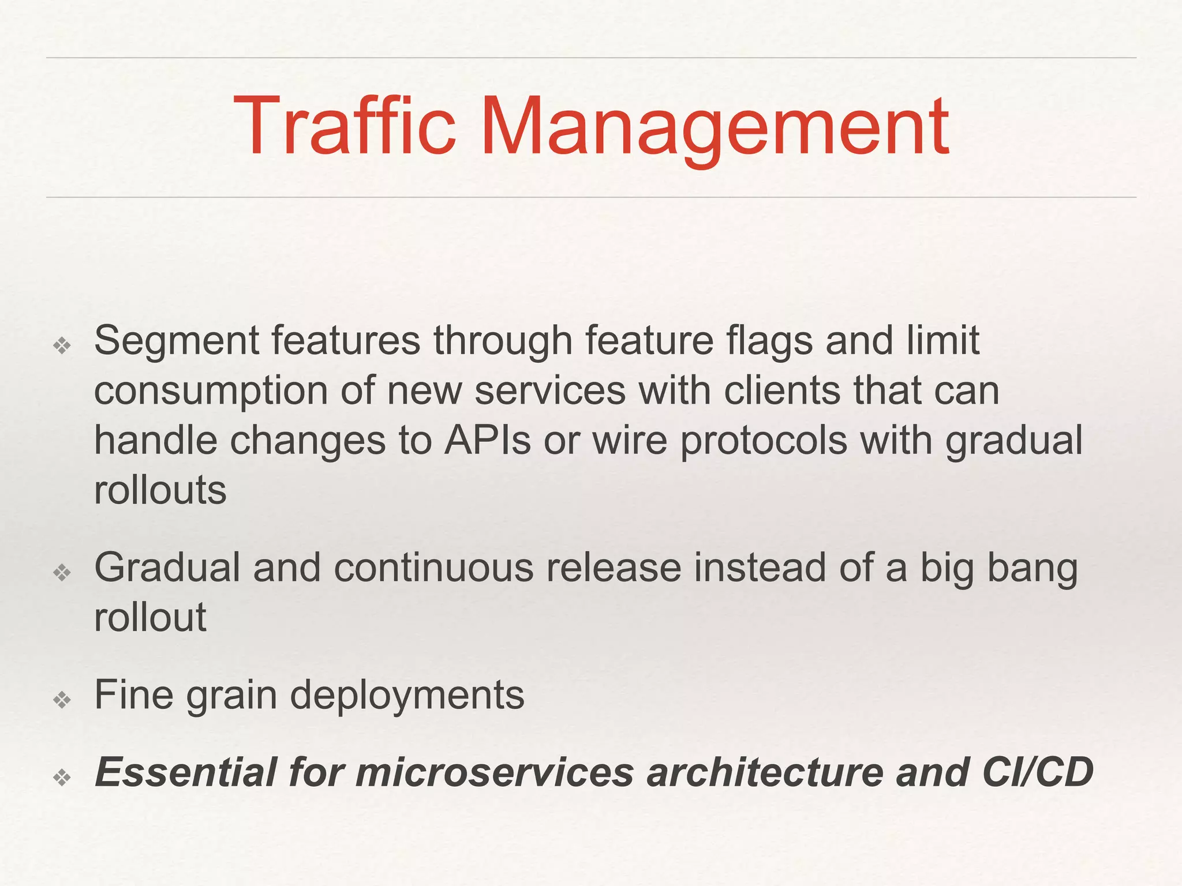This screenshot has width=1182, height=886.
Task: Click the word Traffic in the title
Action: click(345, 126)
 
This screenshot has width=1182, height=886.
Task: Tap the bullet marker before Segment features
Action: click(62, 346)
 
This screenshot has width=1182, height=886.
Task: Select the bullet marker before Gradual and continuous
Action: click(62, 572)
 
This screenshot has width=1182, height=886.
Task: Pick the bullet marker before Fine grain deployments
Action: click(62, 700)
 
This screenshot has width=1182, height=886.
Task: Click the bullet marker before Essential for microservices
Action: click(62, 778)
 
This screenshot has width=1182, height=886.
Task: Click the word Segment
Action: click(177, 341)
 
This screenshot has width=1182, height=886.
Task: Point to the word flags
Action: click(769, 341)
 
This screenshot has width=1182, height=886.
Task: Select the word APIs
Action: click(487, 441)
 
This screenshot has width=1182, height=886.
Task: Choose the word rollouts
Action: click(160, 491)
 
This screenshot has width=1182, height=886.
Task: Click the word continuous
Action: click(433, 568)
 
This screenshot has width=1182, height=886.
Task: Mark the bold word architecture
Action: click(765, 772)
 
